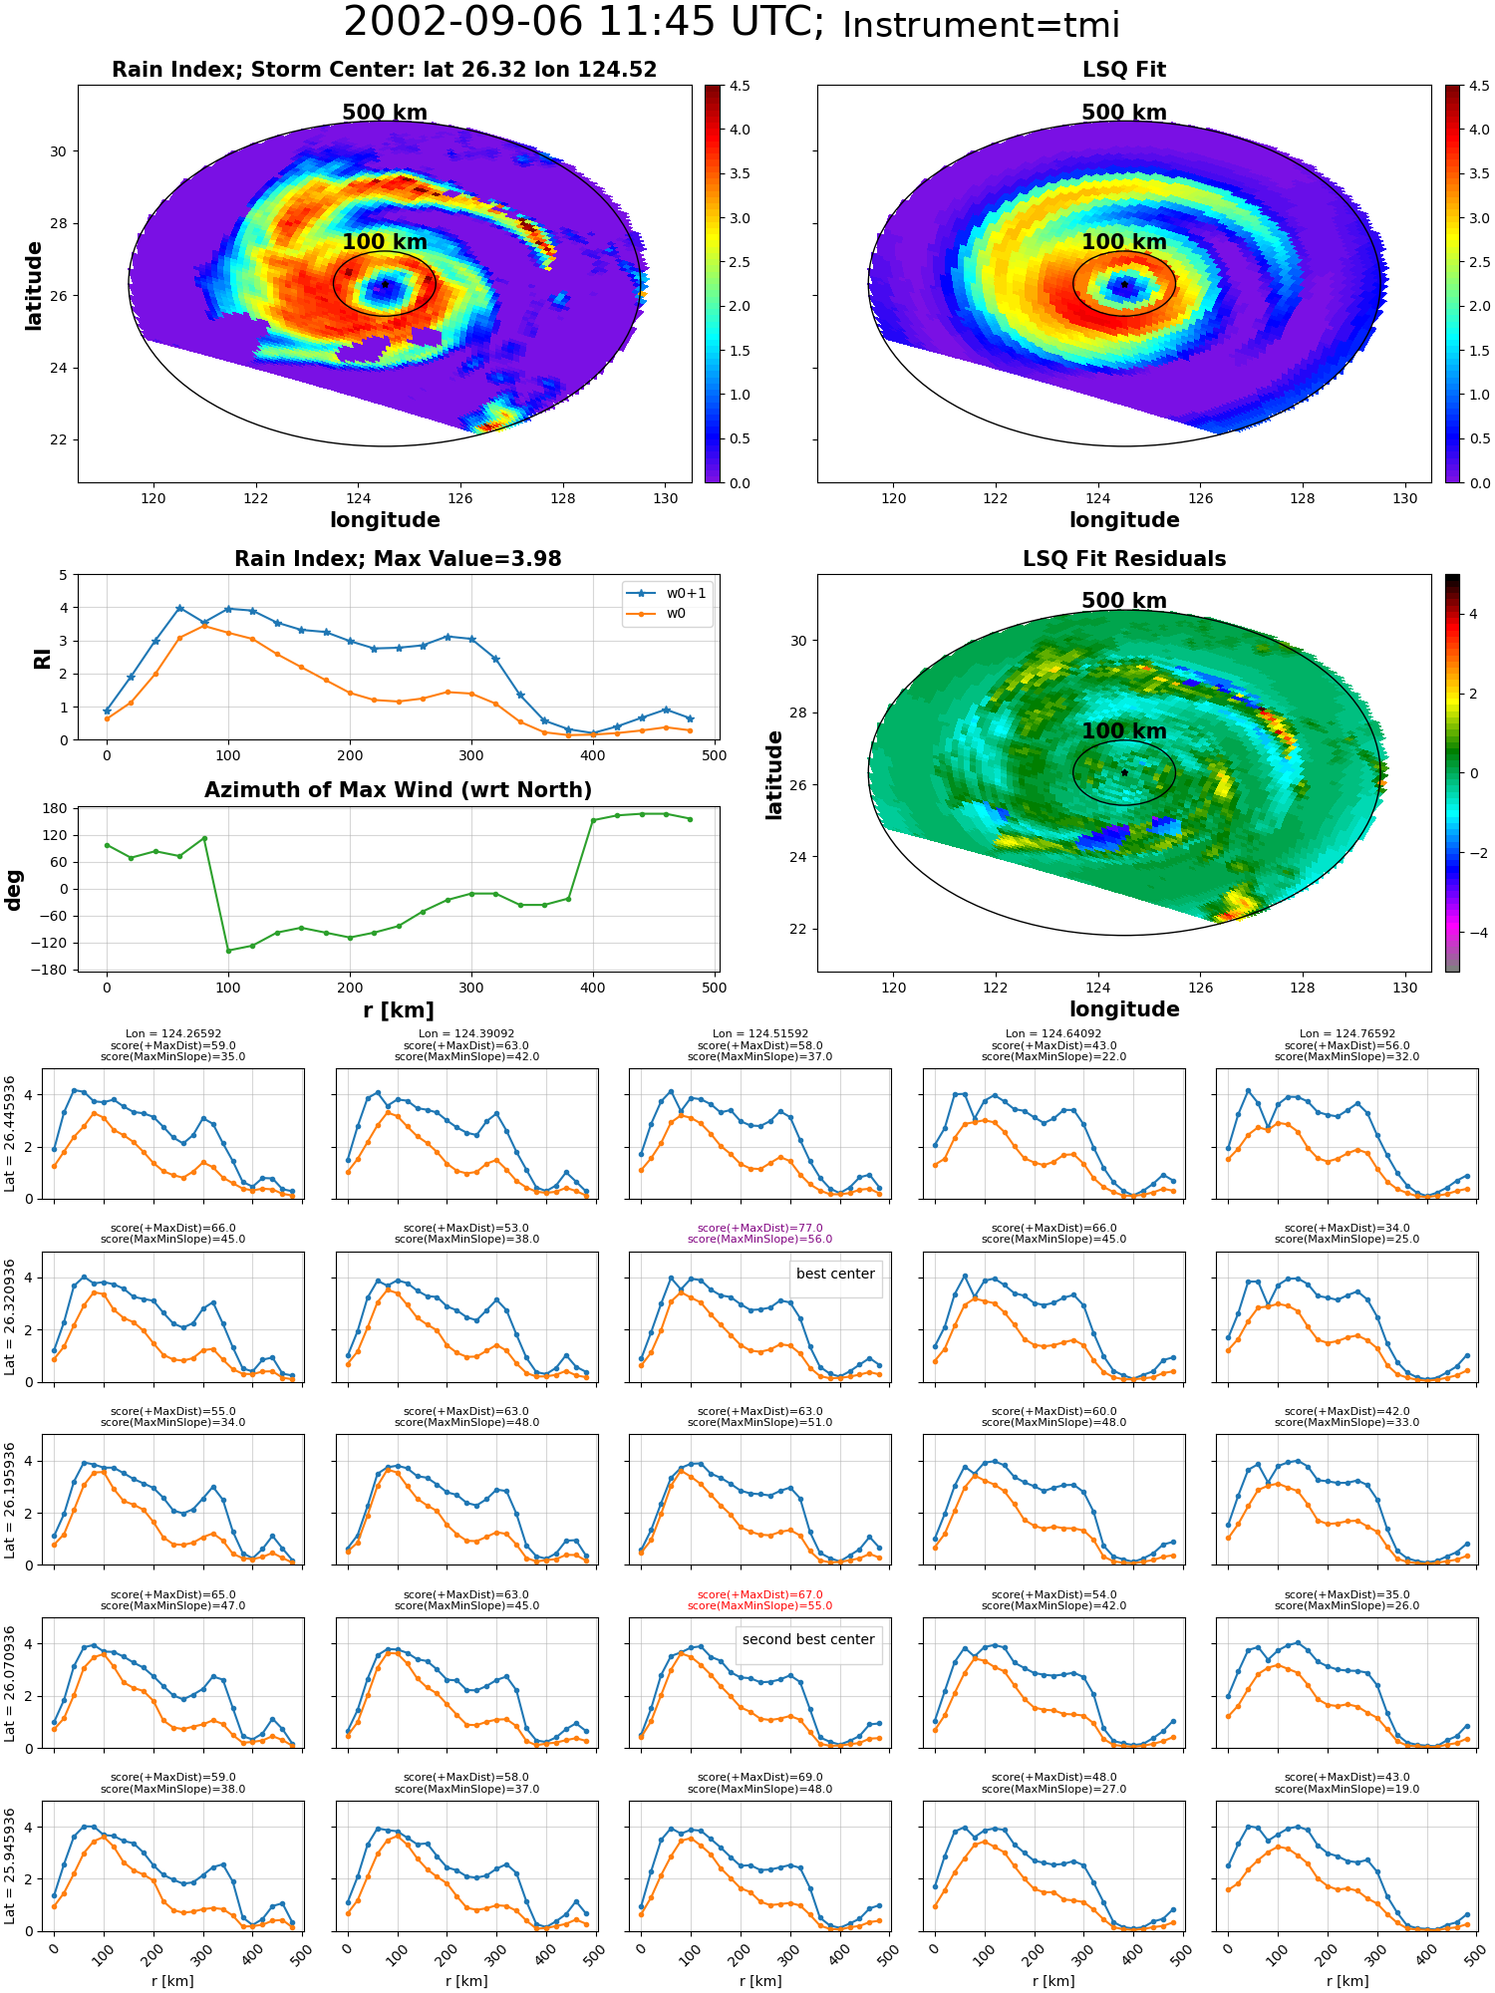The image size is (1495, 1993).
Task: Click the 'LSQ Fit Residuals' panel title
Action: pos(1124,559)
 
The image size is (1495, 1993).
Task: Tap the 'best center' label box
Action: pos(835,1275)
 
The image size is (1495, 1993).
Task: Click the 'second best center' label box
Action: pos(808,1640)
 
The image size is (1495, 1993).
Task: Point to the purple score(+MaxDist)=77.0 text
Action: pos(760,1229)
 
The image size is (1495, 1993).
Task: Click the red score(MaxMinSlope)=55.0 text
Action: pos(760,1605)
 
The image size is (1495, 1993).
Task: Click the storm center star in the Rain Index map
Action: pos(385,284)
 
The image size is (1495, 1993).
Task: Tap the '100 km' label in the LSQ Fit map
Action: pos(1124,242)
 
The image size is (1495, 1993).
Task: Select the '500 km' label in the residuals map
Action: pos(1124,601)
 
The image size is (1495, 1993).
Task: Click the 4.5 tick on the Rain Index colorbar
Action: pos(739,86)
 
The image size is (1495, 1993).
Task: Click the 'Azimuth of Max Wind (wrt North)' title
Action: pos(399,790)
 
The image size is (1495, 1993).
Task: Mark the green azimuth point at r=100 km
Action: pos(228,951)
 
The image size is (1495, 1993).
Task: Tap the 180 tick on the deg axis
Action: pos(55,808)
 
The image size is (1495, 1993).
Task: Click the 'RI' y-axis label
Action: pos(42,659)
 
